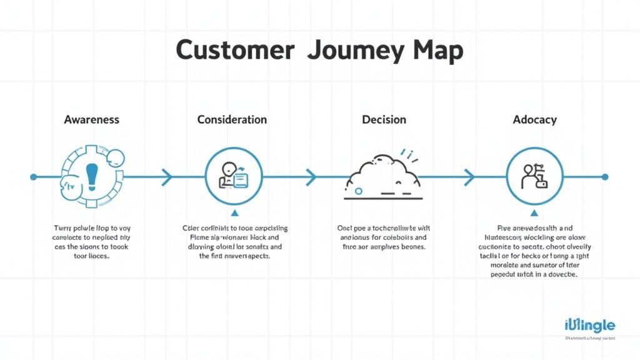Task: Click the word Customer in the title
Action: pyautogui.click(x=235, y=50)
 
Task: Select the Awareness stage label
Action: pyautogui.click(x=92, y=119)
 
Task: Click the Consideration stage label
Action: pyautogui.click(x=232, y=119)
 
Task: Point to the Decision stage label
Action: pyautogui.click(x=384, y=119)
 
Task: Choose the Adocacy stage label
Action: pyautogui.click(x=534, y=119)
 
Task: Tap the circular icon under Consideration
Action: pyautogui.click(x=232, y=177)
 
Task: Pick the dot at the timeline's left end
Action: pyautogui.click(x=34, y=177)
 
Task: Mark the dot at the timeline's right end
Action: pyautogui.click(x=604, y=177)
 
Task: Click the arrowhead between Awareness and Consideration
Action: pyautogui.click(x=167, y=177)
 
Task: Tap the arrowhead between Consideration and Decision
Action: pyautogui.click(x=310, y=177)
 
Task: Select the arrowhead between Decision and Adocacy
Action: pyautogui.click(x=468, y=177)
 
